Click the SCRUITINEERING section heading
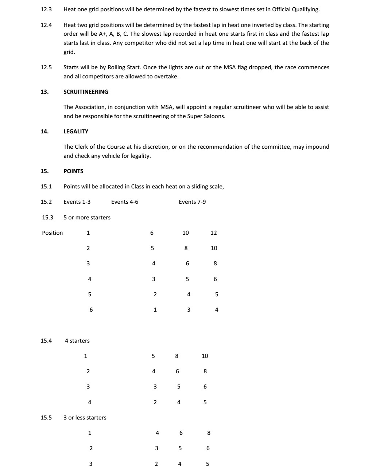[86, 92]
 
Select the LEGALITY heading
[76, 132]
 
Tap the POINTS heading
[73, 171]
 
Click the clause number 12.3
[46, 9]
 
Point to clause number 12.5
[46, 67]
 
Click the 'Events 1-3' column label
[77, 202]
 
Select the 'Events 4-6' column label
[125, 202]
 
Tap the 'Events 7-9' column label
[192, 202]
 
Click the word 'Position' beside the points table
[52, 233]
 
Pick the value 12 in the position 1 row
[214, 233]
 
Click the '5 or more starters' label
[87, 218]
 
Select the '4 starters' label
[77, 341]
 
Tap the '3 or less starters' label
[85, 418]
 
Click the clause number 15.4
[46, 341]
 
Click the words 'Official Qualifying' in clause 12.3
[295, 9]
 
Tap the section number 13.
[44, 92]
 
